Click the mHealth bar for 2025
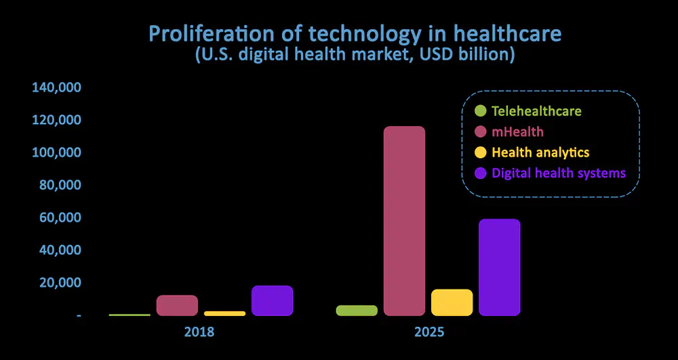(404, 221)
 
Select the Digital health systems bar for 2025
(499, 267)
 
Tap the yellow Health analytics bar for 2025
(452, 302)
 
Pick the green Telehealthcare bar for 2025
(357, 311)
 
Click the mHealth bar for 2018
(177, 305)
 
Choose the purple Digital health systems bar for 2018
(272, 300)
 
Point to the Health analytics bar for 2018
(224, 313)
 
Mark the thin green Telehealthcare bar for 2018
(129, 315)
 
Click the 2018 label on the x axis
(199, 333)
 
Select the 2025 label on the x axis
(429, 333)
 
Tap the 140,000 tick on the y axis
(56, 87)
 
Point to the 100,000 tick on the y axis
(56, 153)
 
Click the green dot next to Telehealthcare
(481, 111)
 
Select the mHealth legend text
(518, 132)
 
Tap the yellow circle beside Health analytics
(481, 152)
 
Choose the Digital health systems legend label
(558, 173)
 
